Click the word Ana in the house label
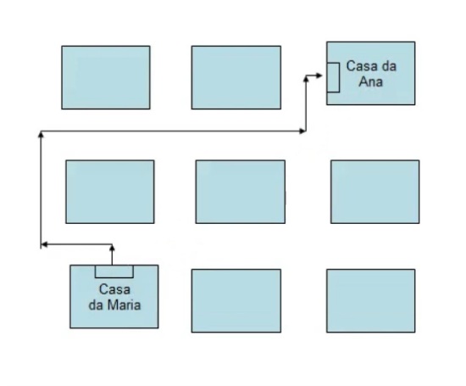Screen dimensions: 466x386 pyautogui.click(x=370, y=81)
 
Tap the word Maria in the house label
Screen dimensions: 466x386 pyautogui.click(x=124, y=305)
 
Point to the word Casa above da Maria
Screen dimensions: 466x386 pyautogui.click(x=114, y=289)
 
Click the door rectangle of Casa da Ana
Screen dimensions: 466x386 pyautogui.click(x=333, y=77)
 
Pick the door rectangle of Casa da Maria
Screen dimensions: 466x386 pyautogui.click(x=114, y=271)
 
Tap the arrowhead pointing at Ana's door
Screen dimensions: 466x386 pyautogui.click(x=319, y=76)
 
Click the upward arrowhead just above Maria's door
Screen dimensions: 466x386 pyautogui.click(x=112, y=248)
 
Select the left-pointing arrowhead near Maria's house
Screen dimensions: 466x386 pyautogui.click(x=44, y=244)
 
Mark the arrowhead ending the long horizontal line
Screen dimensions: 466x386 pyautogui.click(x=302, y=131)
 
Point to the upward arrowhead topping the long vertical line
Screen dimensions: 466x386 pyautogui.click(x=41, y=135)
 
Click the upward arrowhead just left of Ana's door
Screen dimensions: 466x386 pyautogui.click(x=306, y=79)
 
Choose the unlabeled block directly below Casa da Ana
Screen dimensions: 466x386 pyautogui.click(x=375, y=192)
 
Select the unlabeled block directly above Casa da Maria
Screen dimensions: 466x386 pyautogui.click(x=110, y=192)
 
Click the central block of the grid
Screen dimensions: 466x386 pyautogui.click(x=241, y=192)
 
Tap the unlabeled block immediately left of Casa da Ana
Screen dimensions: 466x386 pyautogui.click(x=236, y=77)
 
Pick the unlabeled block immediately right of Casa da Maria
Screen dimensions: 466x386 pyautogui.click(x=236, y=300)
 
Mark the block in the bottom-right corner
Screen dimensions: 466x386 pyautogui.click(x=371, y=300)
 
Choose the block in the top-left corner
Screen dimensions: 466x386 pyautogui.click(x=106, y=77)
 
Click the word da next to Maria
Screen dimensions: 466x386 pyautogui.click(x=96, y=305)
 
